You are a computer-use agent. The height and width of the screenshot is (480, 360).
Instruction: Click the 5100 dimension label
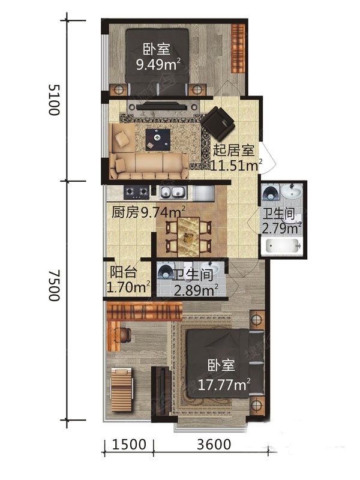pos(54,100)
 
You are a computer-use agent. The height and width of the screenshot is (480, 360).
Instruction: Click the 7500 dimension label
pos(54,286)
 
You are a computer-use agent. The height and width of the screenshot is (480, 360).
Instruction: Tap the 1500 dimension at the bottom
pos(129,444)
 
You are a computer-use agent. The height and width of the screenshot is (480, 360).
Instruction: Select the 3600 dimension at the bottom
pos(214,444)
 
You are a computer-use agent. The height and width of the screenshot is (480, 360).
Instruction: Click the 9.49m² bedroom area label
pos(158,64)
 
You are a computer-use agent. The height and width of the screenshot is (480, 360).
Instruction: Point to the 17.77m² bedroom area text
pos(224,385)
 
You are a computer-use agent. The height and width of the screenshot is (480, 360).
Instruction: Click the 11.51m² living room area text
pos(236,166)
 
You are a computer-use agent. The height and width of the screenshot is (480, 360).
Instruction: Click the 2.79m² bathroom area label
pos(281,229)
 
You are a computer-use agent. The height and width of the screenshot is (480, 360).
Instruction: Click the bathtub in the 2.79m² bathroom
pos(283,246)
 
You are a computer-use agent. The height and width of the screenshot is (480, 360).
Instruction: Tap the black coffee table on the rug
pos(158,140)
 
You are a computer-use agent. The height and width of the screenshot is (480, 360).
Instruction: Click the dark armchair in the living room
pos(218,122)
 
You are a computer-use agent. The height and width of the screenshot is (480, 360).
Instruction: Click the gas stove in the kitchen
pos(136,192)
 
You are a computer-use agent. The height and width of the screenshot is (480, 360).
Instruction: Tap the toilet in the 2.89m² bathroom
pos(166,271)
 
